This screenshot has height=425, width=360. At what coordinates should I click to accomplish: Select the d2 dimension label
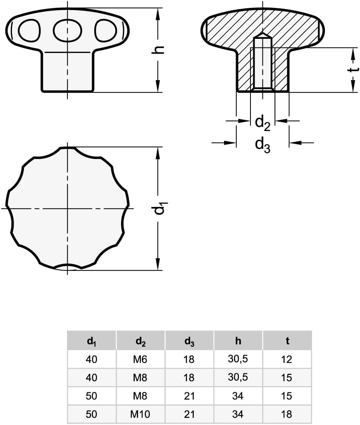coord(262,123)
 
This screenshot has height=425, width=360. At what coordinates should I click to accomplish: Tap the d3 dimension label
coord(262,145)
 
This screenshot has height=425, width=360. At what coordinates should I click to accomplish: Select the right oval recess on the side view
coord(105,30)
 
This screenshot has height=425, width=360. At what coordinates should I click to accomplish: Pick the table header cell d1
coord(91,341)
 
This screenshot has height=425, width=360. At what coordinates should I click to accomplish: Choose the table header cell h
coord(238,341)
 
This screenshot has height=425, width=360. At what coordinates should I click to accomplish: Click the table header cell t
coord(287,341)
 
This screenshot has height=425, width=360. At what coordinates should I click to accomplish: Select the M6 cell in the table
coord(140,359)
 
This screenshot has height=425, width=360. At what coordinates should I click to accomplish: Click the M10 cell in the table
coord(140,414)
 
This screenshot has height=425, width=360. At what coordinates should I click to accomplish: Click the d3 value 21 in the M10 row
coord(189,414)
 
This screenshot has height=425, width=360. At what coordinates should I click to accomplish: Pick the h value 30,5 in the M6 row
coord(238,359)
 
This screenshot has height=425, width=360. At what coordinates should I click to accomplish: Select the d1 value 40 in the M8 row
coord(91,378)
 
